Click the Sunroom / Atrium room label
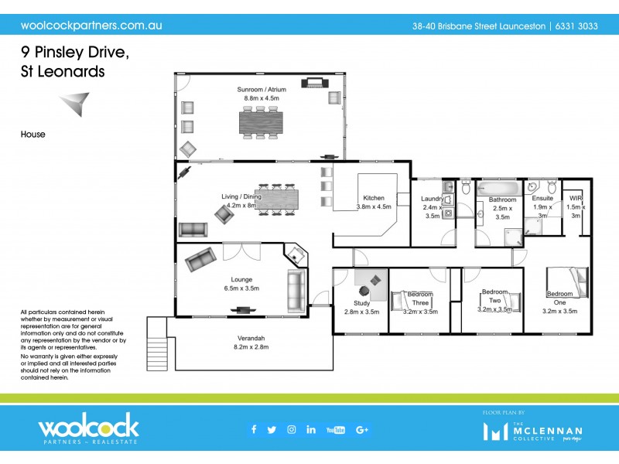point(262,90)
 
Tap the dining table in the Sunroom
point(262,121)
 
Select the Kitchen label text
point(374,198)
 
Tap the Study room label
point(361,303)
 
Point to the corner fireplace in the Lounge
point(295,254)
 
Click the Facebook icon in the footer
point(253,430)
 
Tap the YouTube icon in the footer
point(336,430)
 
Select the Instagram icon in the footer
point(292,430)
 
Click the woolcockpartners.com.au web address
point(91,25)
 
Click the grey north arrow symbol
point(75,103)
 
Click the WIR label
point(574,199)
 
